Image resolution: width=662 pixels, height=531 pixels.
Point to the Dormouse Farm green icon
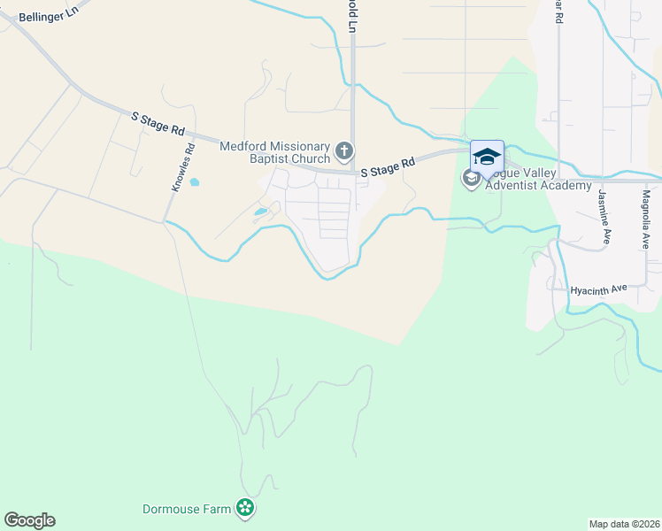[245, 509]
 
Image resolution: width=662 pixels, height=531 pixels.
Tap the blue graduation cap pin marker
[487, 157]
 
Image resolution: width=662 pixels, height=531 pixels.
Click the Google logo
[29, 520]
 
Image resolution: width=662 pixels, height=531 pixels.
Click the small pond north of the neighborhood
[195, 184]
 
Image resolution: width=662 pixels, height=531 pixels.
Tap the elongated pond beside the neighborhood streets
[260, 212]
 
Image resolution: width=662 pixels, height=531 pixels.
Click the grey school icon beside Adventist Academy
[470, 179]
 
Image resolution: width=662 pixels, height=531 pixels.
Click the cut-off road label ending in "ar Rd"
[558, 11]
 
